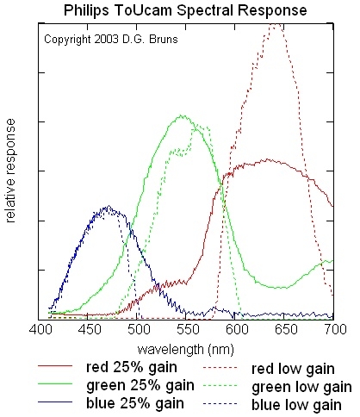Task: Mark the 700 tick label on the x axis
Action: [x=332, y=330]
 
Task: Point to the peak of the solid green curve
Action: [x=182, y=115]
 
